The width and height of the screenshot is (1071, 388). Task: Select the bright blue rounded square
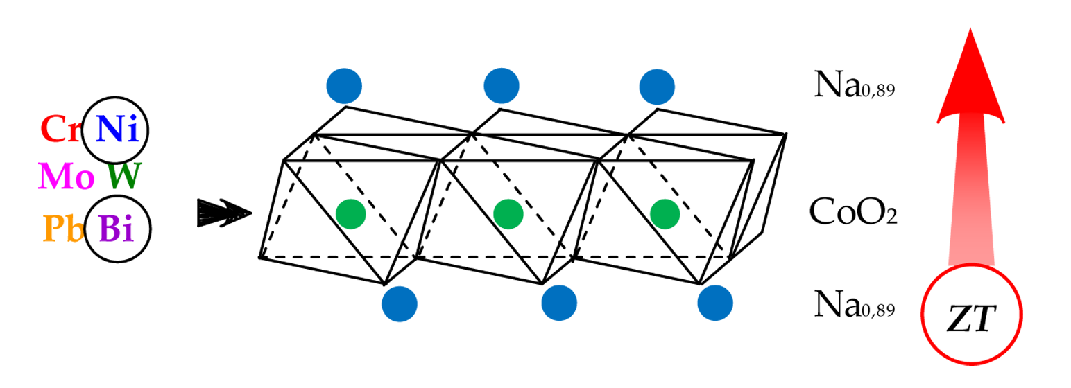coord(116,129)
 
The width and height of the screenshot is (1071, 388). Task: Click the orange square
coord(60,224)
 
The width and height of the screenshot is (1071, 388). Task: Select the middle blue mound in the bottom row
coord(565,303)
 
